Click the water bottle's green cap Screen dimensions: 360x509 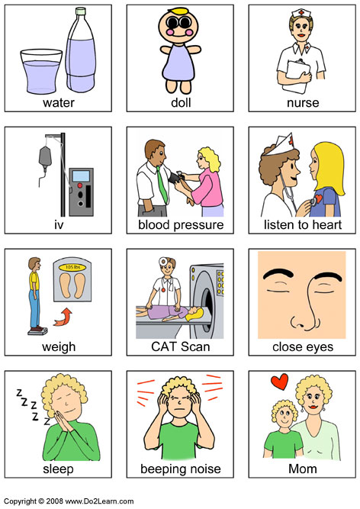(80, 11)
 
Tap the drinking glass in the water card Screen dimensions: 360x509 (41, 72)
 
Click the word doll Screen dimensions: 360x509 (181, 102)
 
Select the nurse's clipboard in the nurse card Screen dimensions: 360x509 (296, 76)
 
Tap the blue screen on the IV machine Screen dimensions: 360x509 (81, 176)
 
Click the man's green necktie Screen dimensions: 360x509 (162, 185)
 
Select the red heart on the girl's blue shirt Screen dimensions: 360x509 (319, 198)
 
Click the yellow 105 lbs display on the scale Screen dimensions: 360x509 (72, 268)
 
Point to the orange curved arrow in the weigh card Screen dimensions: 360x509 (63, 317)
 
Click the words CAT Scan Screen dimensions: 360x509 (181, 346)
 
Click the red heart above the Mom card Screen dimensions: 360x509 (280, 382)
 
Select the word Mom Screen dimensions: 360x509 (303, 469)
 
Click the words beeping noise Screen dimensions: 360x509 (181, 469)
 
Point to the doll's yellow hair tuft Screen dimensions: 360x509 (178, 11)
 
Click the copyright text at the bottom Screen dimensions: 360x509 (69, 501)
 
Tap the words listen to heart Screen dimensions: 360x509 (303, 224)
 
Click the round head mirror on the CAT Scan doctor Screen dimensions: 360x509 (162, 261)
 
